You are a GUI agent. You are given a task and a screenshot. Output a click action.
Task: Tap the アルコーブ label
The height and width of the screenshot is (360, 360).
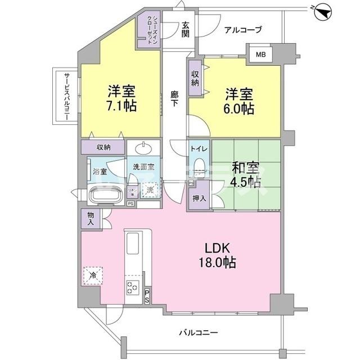click(243, 30)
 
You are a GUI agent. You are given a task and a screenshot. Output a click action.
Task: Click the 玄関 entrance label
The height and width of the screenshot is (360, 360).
click(186, 29)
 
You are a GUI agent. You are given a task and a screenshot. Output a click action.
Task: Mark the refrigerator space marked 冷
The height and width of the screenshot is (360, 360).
click(92, 276)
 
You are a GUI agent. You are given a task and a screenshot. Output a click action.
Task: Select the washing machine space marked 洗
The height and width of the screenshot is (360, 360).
click(150, 190)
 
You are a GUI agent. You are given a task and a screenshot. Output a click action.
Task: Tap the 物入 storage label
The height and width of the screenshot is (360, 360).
click(91, 218)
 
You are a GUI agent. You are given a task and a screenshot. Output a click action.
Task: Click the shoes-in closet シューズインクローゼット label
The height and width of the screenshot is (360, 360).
click(150, 31)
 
